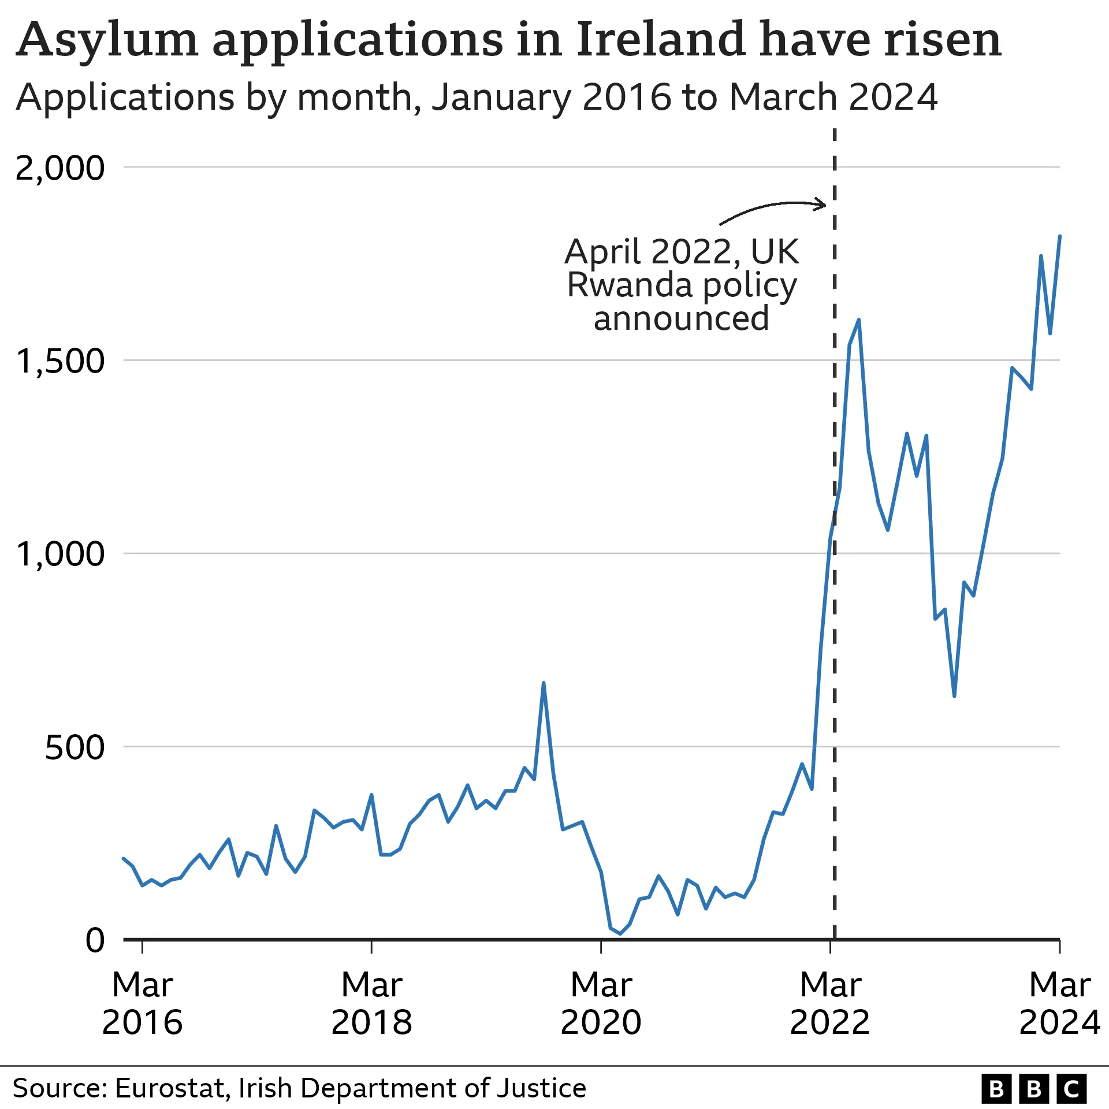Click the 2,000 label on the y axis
tap(60, 169)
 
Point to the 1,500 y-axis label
tap(60, 362)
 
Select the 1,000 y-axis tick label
tap(60, 554)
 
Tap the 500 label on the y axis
tap(75, 747)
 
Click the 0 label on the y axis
tap(95, 940)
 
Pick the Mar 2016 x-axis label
tap(142, 1003)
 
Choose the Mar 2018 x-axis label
tap(371, 1003)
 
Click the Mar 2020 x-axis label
tap(601, 1003)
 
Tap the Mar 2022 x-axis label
tap(830, 1003)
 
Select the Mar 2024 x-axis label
tap(1059, 1003)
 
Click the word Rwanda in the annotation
tap(630, 285)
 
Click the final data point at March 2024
tap(1060, 236)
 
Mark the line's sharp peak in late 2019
tap(544, 683)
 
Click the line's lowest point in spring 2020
tap(620, 933)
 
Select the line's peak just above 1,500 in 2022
tap(859, 319)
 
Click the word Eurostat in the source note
tap(169, 1088)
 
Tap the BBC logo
tap(1034, 1089)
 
